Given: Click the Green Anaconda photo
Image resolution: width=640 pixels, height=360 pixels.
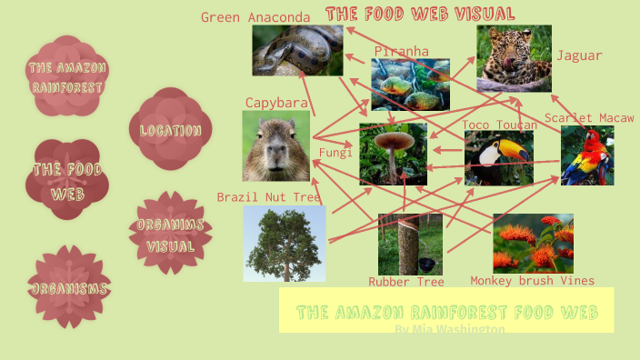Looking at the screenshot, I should click(x=297, y=50).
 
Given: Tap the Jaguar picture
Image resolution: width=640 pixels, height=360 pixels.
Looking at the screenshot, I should click(x=514, y=58).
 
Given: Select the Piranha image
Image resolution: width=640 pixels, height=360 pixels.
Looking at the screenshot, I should click(x=410, y=84).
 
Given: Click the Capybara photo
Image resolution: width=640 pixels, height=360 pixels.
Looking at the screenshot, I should click(x=275, y=146).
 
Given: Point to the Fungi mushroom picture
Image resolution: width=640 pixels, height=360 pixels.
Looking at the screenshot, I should click(x=393, y=155).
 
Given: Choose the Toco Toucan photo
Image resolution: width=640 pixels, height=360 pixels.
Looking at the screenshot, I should click(x=498, y=158).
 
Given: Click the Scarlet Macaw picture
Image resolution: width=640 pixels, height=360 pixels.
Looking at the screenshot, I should click(x=586, y=155).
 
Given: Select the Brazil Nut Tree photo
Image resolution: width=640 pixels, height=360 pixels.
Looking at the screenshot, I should click(x=284, y=243).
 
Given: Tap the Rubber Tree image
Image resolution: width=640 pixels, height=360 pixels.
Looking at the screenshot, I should click(x=410, y=244).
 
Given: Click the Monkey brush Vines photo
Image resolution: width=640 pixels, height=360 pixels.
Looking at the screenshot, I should click(x=533, y=243).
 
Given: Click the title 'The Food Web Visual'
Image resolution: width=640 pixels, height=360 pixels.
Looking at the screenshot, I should click(x=420, y=14).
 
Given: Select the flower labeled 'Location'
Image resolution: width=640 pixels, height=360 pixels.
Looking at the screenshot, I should click(x=170, y=130).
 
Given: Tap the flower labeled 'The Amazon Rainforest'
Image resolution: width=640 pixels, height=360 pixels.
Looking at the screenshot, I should click(x=67, y=76).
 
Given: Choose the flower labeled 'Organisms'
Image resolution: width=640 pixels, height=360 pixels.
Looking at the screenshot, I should click(x=68, y=288).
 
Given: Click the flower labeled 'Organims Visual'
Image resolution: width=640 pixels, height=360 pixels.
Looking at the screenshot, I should click(x=170, y=234).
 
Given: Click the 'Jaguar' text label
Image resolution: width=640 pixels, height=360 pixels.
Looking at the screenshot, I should click(x=579, y=55).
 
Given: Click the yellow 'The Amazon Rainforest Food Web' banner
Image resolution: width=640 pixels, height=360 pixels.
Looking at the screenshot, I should click(x=446, y=311).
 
